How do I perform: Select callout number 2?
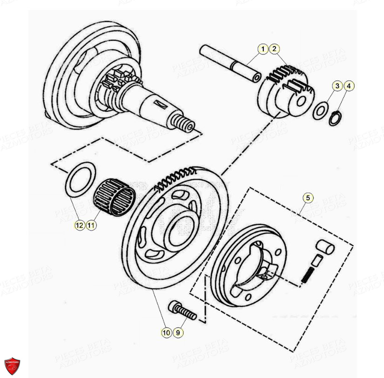point(274,49)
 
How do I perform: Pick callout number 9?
point(178,332)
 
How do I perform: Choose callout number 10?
point(166,332)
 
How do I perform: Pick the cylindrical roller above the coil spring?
point(323,247)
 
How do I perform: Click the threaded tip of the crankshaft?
point(186,126)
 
